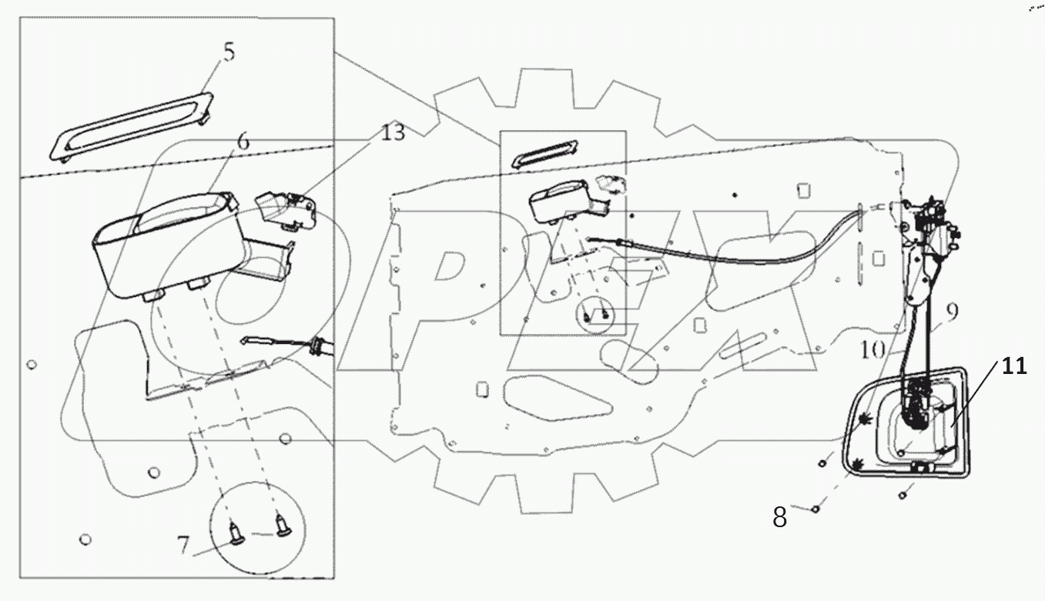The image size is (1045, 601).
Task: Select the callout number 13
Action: [x=392, y=133]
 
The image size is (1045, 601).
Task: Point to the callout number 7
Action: [x=183, y=545]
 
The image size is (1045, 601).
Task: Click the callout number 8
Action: [x=780, y=518]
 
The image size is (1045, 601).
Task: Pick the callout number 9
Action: [x=953, y=312]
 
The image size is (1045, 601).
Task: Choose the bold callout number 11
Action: [x=1014, y=366]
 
